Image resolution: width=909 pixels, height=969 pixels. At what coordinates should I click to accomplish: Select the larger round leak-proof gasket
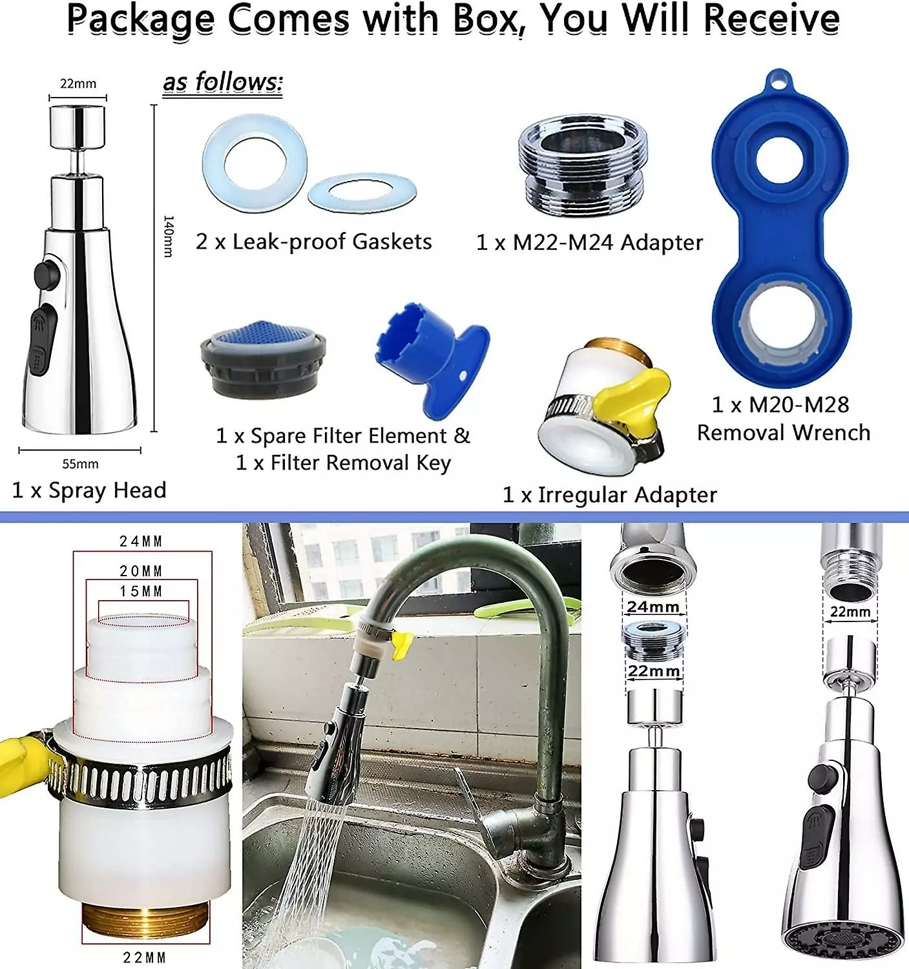(x=254, y=161)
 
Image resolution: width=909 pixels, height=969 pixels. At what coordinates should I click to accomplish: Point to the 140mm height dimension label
(x=168, y=237)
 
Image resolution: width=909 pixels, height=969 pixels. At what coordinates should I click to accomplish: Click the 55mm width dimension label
(x=80, y=464)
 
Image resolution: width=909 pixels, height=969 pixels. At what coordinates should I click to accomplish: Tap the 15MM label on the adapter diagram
(x=141, y=591)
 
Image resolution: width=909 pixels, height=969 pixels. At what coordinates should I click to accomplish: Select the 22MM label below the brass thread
(x=145, y=957)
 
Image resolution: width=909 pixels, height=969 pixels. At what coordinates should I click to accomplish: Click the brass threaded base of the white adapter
(x=145, y=924)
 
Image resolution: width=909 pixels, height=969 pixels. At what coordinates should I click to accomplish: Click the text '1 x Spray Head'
(x=89, y=490)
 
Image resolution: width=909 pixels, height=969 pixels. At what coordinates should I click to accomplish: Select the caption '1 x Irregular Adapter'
(x=609, y=495)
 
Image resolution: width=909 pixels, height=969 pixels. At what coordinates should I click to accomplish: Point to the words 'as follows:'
(x=223, y=83)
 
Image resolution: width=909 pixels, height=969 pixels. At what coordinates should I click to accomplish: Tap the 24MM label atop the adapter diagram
(x=141, y=541)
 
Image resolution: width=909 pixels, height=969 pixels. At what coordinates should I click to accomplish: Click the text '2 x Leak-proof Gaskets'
(x=314, y=242)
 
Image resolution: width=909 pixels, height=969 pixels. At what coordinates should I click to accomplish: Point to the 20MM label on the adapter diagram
(x=141, y=571)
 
